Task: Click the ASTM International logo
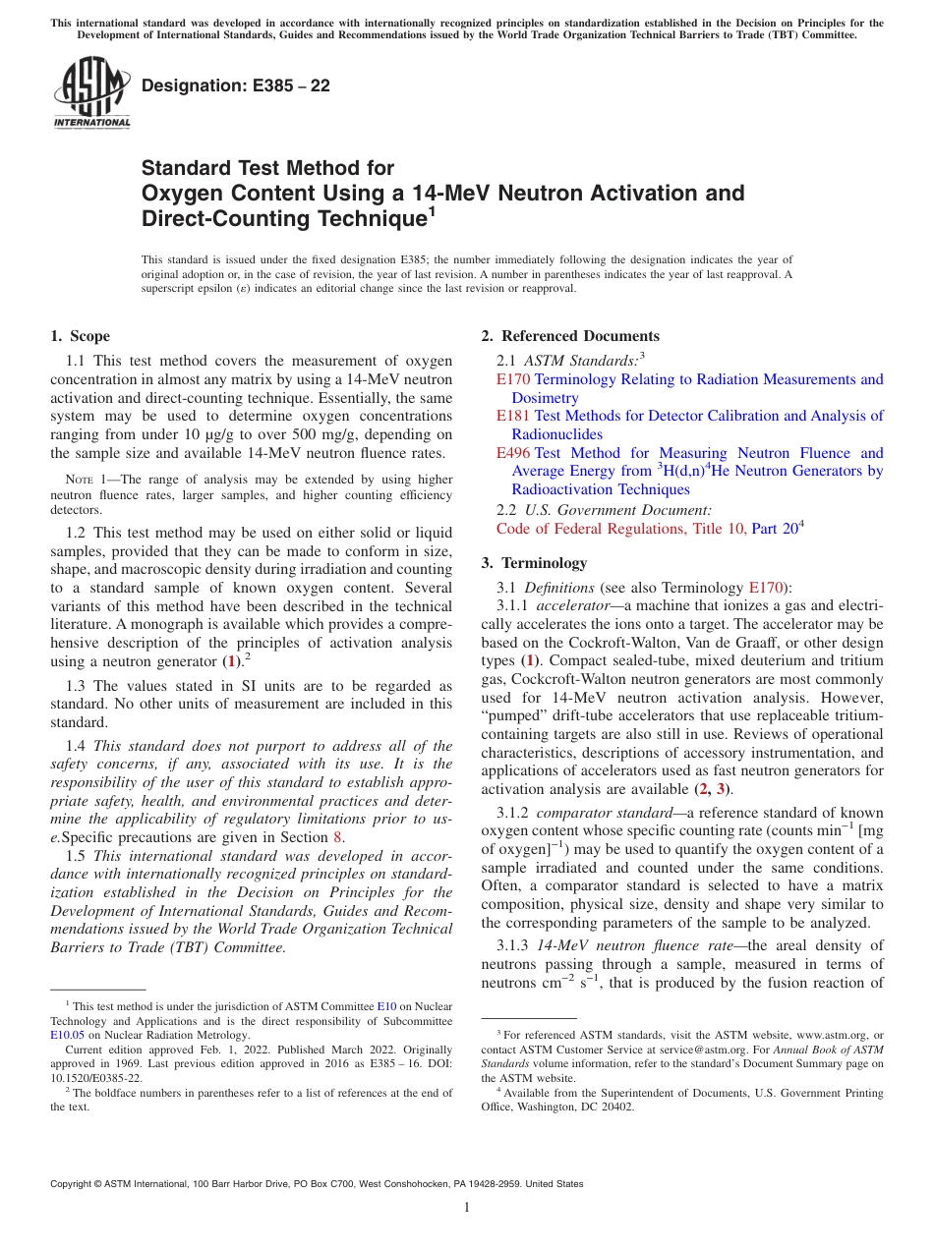[x=91, y=92]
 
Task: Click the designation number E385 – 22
[x=236, y=86]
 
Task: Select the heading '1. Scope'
[x=81, y=336]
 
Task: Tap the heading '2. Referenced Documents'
[x=570, y=336]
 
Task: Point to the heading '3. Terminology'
[x=534, y=563]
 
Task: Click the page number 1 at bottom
[x=467, y=1208]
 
